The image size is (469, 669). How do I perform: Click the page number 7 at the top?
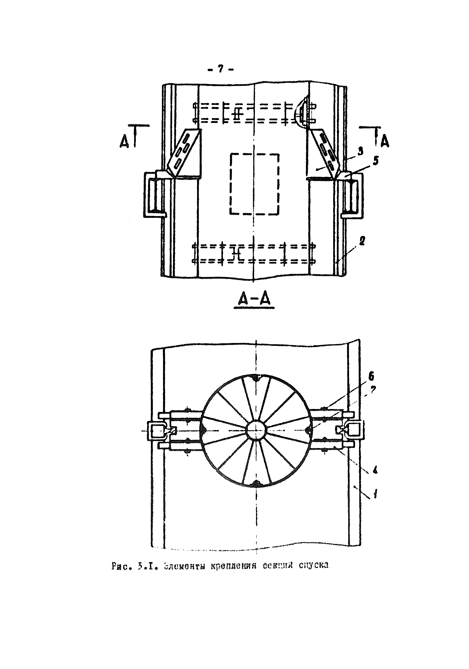pyautogui.click(x=220, y=69)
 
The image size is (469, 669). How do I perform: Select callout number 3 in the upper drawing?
pyautogui.click(x=360, y=151)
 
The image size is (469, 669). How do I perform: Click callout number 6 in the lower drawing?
pyautogui.click(x=371, y=377)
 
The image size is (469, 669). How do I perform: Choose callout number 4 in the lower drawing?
pyautogui.click(x=375, y=470)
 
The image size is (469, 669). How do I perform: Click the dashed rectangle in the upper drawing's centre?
pyautogui.click(x=254, y=184)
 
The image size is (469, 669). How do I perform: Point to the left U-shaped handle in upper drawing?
pyautogui.click(x=152, y=195)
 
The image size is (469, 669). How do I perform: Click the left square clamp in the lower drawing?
pyautogui.click(x=157, y=430)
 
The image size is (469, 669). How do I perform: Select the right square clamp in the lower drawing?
pyautogui.click(x=355, y=430)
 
